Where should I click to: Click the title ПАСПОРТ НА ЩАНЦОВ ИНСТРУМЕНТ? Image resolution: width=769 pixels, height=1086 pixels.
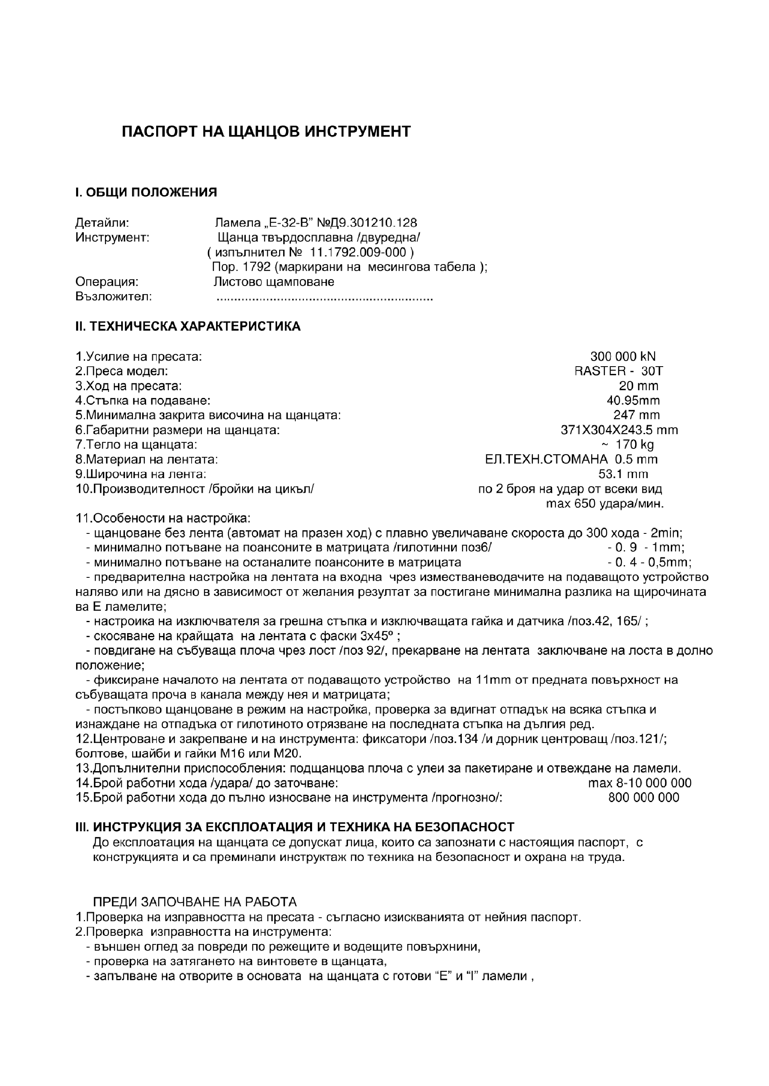(x=266, y=131)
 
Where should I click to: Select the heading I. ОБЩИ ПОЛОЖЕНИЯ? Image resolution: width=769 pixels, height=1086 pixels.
(x=146, y=192)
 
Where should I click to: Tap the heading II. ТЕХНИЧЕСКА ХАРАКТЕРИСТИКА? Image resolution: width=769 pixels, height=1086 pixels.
(x=188, y=326)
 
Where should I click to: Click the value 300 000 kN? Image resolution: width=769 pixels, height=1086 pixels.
(x=623, y=356)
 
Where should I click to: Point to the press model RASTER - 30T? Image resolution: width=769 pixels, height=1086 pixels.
(x=618, y=371)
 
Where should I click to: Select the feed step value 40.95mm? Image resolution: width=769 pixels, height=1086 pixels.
(x=633, y=400)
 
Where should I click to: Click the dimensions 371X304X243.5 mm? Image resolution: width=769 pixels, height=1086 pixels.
(x=619, y=430)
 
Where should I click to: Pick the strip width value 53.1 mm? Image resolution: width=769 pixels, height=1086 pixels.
(x=623, y=474)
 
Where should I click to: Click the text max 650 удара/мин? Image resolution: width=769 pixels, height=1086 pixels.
(x=605, y=504)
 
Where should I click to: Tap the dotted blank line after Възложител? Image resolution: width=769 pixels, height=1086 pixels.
(x=324, y=298)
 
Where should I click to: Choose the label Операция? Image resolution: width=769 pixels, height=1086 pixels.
(x=107, y=282)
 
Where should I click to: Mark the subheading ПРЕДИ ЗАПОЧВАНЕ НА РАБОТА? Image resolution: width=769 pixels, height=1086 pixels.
(x=194, y=902)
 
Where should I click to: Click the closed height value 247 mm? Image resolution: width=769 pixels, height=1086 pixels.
(x=636, y=415)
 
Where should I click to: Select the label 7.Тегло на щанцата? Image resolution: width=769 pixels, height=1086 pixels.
(x=136, y=444)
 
